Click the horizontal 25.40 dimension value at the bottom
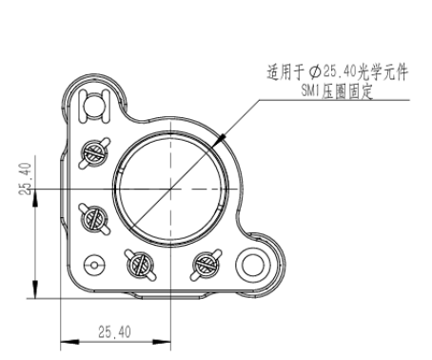[114, 332]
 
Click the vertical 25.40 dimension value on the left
[26, 179]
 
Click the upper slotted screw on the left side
[94, 153]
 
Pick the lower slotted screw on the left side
[94, 219]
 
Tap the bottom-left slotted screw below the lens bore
[141, 265]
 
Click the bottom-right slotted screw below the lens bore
[206, 265]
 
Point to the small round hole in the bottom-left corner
[94, 265]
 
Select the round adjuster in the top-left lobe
[94, 106]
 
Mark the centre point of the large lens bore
[171, 189]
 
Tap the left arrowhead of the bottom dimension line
[69, 342]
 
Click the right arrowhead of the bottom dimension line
[162, 342]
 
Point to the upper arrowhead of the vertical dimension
[35, 199]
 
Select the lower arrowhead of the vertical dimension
[35, 289]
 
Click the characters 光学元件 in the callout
[383, 72]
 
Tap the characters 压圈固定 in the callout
[346, 91]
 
